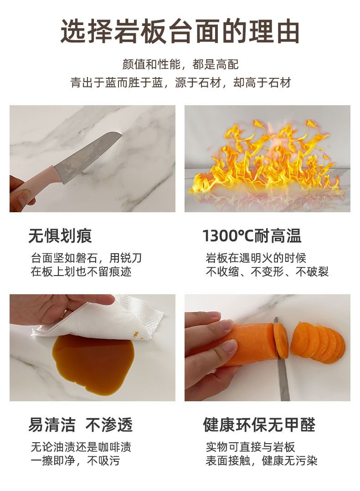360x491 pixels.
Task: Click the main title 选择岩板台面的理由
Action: click(x=180, y=31)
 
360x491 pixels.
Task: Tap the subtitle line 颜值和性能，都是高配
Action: click(x=180, y=65)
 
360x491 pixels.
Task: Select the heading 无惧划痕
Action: click(x=60, y=236)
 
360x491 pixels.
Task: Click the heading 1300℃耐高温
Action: click(x=252, y=236)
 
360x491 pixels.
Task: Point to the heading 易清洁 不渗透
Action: click(x=80, y=425)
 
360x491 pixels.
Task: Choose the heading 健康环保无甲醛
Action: click(x=259, y=425)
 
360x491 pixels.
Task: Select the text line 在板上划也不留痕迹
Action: click(x=81, y=271)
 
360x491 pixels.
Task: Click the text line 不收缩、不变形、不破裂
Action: click(x=267, y=271)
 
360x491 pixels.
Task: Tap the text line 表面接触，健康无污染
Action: click(x=261, y=460)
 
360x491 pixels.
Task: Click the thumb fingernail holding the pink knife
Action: click(x=24, y=196)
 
